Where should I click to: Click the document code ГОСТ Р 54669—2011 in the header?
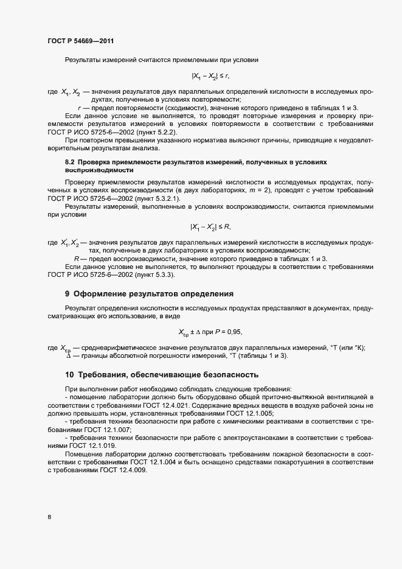pyautogui.click(x=80, y=41)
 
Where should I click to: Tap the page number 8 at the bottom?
pyautogui.click(x=49, y=517)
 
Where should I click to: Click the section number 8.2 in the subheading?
pyautogui.click(x=71, y=162)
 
